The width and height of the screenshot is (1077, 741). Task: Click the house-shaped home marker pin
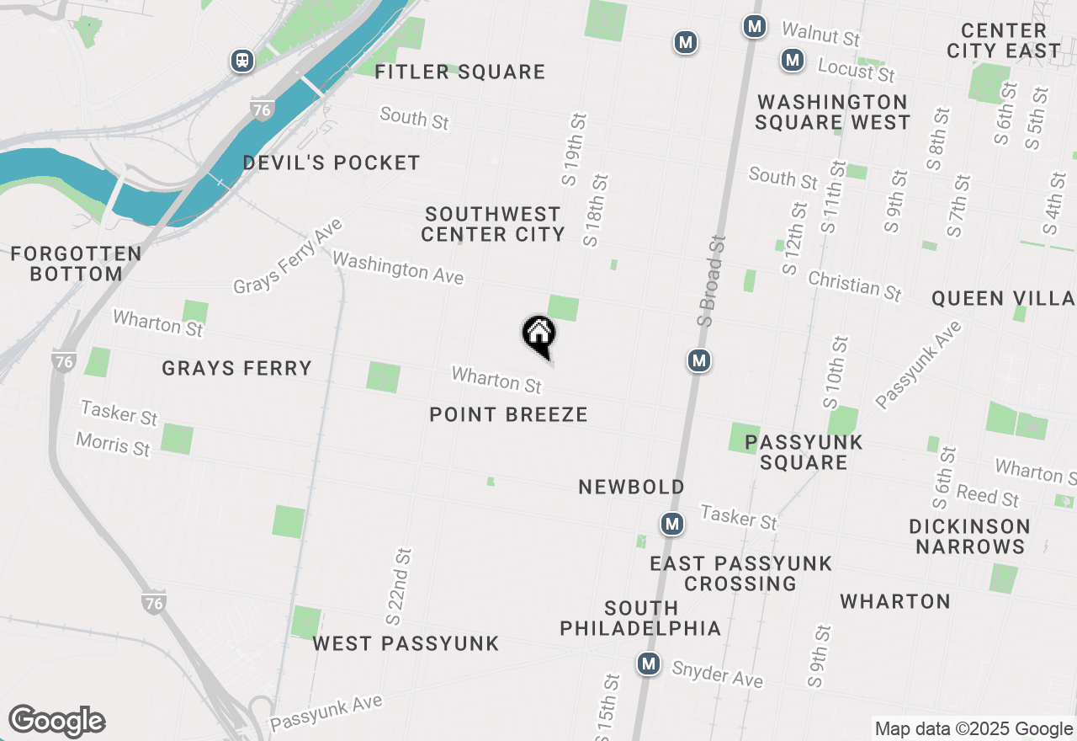point(538,334)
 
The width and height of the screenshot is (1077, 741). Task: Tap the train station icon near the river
point(242,60)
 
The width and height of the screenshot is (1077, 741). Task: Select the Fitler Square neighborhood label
point(460,72)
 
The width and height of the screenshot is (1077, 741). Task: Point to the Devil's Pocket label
point(332,163)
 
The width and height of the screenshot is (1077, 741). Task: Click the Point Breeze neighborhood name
point(508,414)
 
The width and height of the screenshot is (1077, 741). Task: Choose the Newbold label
point(631,487)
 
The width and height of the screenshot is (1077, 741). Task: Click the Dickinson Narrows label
point(969,536)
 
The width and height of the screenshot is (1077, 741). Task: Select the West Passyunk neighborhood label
point(406,644)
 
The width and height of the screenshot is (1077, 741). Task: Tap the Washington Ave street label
point(398,268)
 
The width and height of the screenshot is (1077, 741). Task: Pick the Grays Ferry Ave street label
point(289,256)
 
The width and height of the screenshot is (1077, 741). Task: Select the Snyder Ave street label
point(718,673)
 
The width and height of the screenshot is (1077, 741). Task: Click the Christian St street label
point(854,285)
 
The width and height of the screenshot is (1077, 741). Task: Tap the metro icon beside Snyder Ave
point(648,664)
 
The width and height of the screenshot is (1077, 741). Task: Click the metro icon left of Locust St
point(791,60)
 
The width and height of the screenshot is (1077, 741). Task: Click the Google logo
point(56,722)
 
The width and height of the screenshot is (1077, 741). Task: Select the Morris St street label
point(113,444)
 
